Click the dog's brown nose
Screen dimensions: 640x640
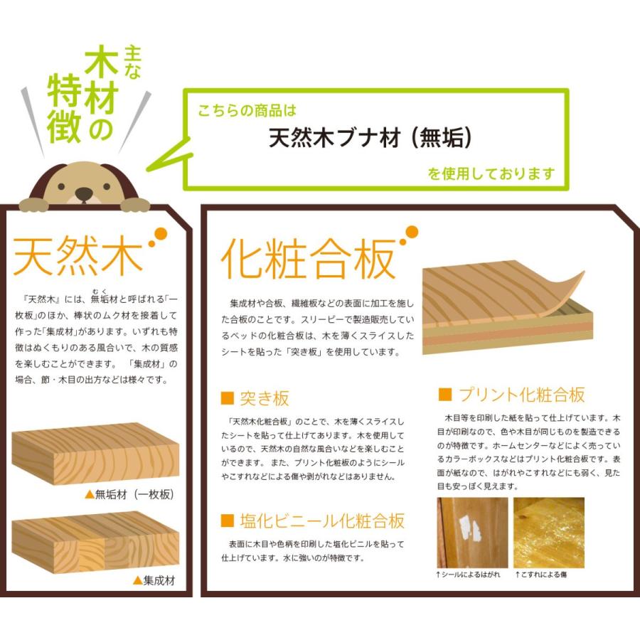pyautogui.click(x=85, y=193)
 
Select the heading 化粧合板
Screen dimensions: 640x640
pyautogui.click(x=308, y=259)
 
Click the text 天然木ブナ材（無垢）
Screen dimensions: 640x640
pyautogui.click(x=370, y=138)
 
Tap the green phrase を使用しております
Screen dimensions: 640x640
pyautogui.click(x=491, y=174)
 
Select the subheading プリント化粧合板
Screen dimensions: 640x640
pyautogui.click(x=522, y=395)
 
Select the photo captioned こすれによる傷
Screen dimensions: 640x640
pyautogui.click(x=548, y=532)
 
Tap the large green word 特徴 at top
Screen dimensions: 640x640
pyautogui.click(x=64, y=112)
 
